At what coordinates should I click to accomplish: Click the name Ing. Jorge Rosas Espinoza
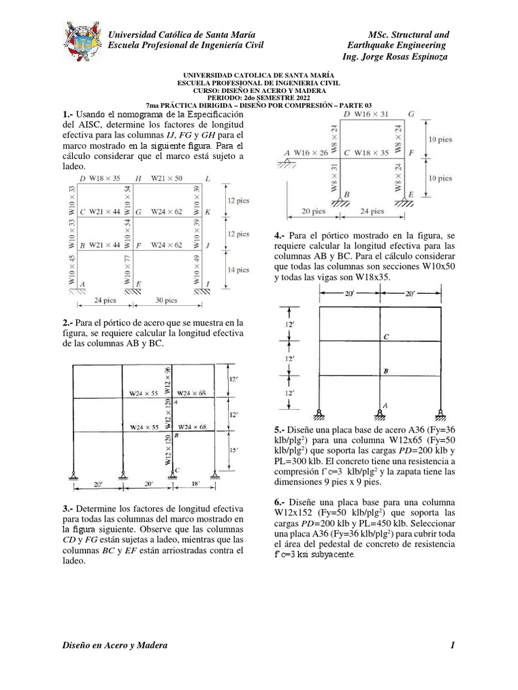(395, 57)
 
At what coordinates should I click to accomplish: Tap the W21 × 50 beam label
(166, 179)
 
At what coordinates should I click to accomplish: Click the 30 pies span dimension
(167, 300)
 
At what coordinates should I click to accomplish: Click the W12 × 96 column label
(168, 381)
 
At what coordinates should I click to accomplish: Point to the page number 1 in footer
(453, 646)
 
